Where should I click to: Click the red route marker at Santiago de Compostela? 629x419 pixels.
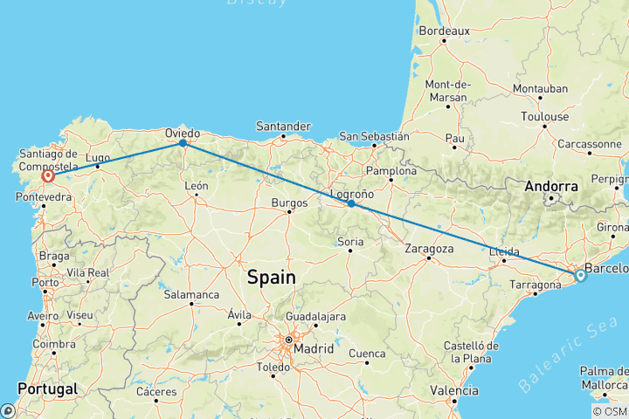pos(48,175)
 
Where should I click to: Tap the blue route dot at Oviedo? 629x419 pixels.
pos(183,142)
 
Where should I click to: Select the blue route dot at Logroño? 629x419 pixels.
pos(350,203)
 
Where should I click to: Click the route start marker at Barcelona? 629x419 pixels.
pos(580,276)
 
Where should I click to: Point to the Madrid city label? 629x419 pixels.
pos(313,348)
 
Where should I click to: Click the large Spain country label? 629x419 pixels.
pos(271,278)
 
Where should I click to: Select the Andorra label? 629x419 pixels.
pos(550,186)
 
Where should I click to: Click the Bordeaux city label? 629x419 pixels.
pos(445,31)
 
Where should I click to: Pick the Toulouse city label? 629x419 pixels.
pos(544,116)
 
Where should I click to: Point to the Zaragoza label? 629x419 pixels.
pos(429,248)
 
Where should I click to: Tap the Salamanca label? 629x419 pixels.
pos(191,294)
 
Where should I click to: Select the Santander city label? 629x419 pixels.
pos(284,126)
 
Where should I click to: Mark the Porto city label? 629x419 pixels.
pos(46,282)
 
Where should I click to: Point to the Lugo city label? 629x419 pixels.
pos(98,156)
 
